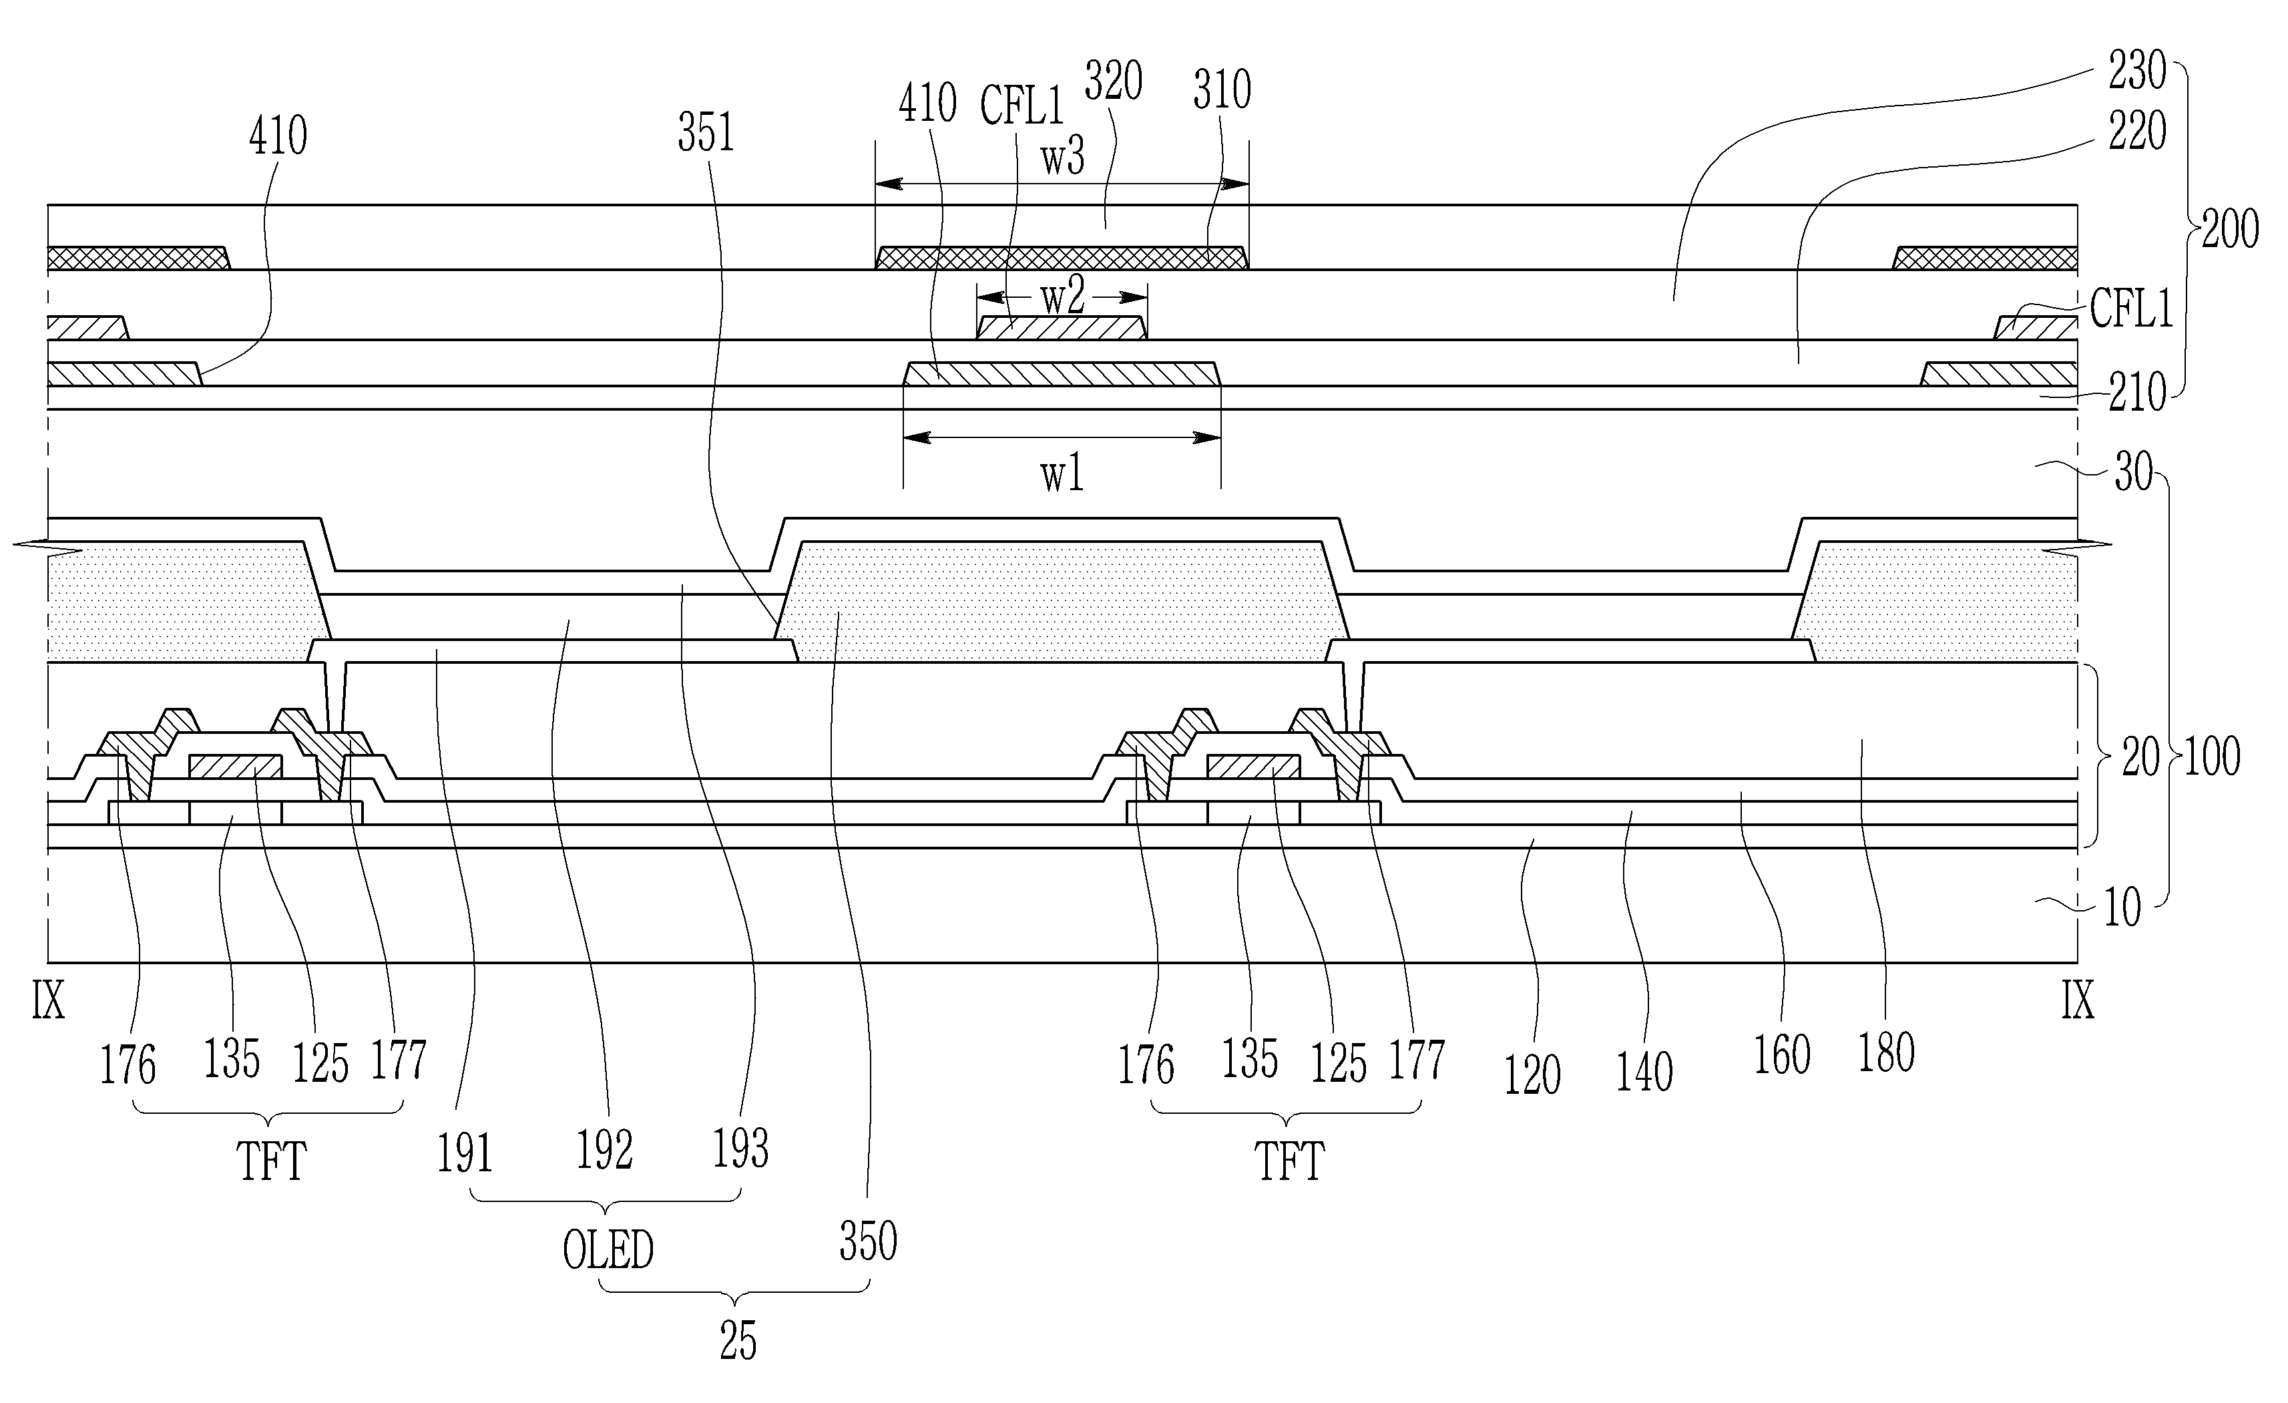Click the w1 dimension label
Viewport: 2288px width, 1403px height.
[x=1062, y=475]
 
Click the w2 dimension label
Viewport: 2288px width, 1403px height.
[x=1062, y=298]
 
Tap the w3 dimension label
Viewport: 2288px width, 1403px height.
[x=1062, y=158]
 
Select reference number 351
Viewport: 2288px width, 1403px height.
[x=706, y=134]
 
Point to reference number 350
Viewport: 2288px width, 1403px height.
[x=868, y=1242]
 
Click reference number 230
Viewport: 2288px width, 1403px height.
[x=2136, y=71]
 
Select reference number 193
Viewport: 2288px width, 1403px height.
[x=740, y=1149]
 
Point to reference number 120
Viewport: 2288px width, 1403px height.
[x=1532, y=1075]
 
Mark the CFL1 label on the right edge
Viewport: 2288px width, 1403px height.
[x=2132, y=309]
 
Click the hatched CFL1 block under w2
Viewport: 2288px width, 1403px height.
[x=1062, y=328]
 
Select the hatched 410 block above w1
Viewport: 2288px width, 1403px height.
[x=1062, y=374]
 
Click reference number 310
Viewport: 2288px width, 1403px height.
[x=1222, y=91]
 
